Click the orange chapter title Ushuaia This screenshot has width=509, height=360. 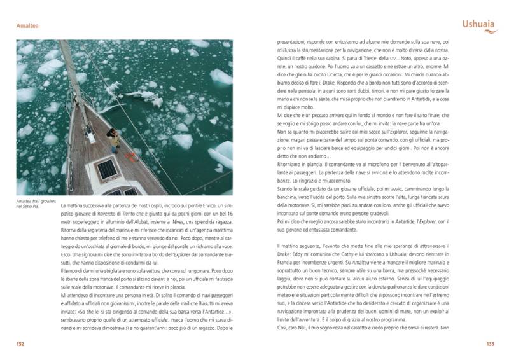[x=477, y=25]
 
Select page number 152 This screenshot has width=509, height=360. [x=21, y=343]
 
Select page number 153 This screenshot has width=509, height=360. [x=489, y=343]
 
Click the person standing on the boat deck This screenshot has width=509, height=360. [x=114, y=139]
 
